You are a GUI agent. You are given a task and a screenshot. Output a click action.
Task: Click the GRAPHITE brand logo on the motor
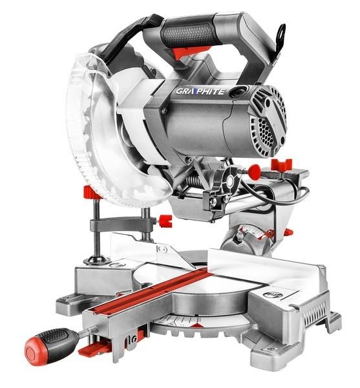click(200, 92)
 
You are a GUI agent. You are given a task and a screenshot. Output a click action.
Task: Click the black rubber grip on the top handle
click(189, 35)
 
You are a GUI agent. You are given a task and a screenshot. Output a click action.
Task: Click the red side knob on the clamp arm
click(165, 221)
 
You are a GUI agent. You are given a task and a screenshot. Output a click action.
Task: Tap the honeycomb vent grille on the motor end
click(266, 132)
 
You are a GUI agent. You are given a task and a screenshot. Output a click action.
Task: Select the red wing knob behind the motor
click(281, 164)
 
